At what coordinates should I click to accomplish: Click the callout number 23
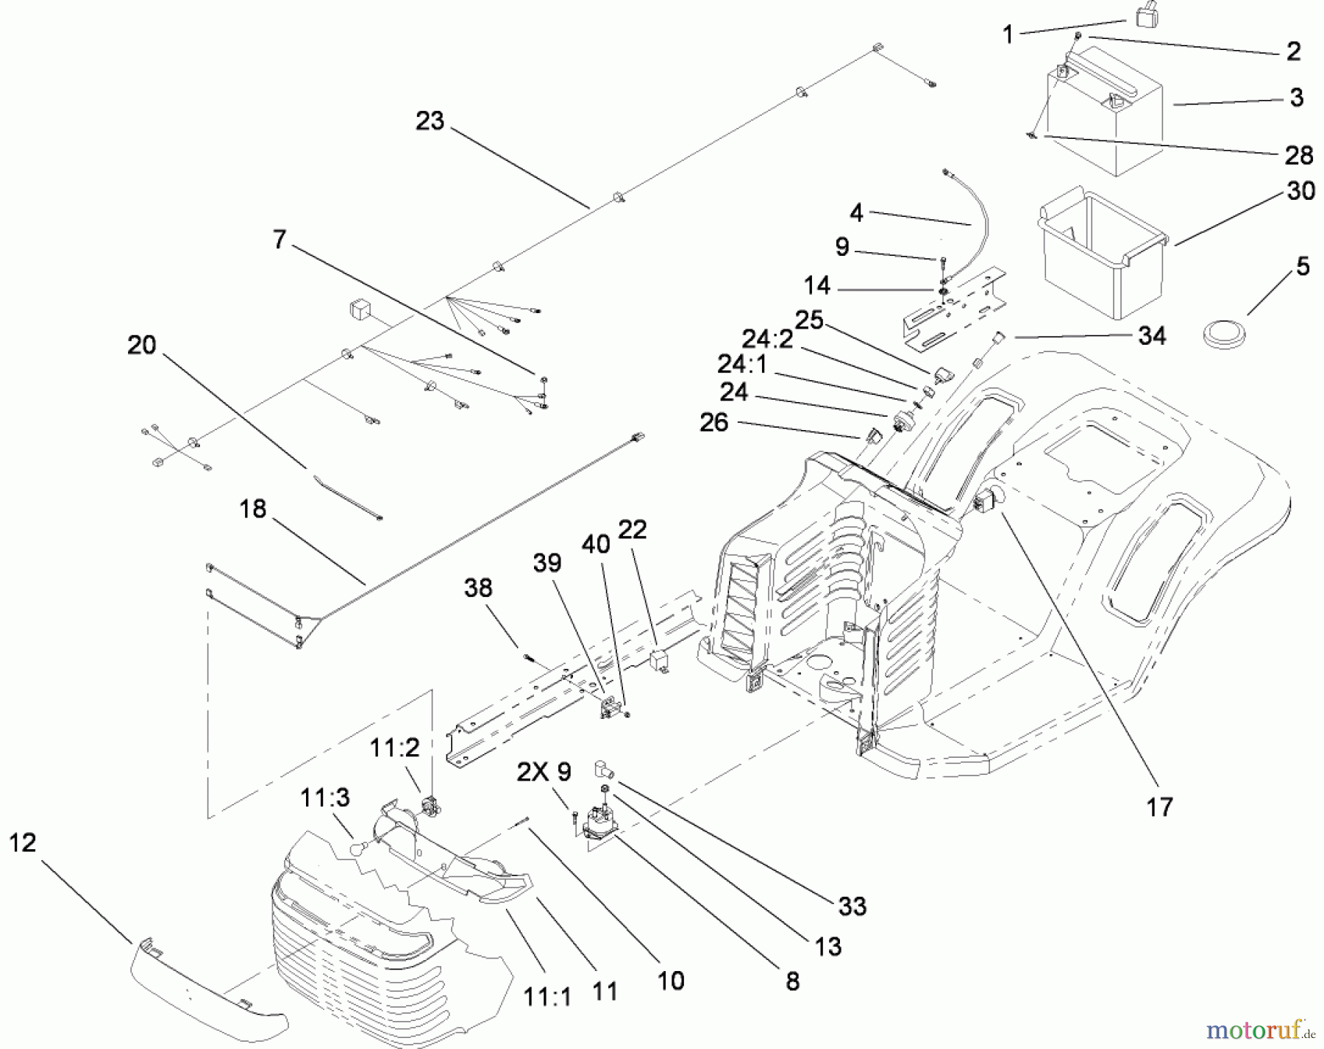[430, 121]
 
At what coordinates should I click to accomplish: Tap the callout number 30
[1301, 191]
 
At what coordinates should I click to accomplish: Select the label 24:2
[767, 339]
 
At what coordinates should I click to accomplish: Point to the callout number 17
[1159, 806]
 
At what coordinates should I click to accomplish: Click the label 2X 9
[544, 772]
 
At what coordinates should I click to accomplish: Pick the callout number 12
[23, 842]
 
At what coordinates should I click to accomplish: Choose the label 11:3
[324, 798]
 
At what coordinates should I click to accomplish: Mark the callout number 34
[1152, 336]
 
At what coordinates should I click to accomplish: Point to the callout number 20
[141, 345]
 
